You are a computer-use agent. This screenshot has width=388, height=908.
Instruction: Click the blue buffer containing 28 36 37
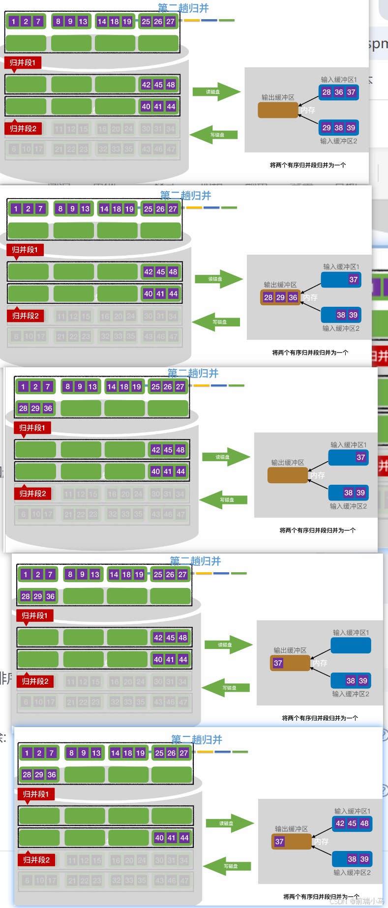pos(338,92)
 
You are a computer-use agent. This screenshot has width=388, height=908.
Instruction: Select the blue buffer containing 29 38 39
pos(338,128)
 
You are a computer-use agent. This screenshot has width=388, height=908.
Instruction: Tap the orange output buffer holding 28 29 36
pos(280,297)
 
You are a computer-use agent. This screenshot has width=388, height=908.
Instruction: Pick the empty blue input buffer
pos(351,645)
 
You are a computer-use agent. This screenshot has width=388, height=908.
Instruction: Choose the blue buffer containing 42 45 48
pos(352,823)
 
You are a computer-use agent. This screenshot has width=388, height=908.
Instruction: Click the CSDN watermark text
pos(357,901)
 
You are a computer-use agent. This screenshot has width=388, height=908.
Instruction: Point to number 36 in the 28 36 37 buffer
pos(339,92)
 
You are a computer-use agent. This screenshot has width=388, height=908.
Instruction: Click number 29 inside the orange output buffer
pos(280,297)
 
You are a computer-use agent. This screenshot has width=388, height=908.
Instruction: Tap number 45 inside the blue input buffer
pos(352,823)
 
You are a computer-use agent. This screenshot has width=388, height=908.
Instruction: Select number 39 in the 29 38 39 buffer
pos(351,128)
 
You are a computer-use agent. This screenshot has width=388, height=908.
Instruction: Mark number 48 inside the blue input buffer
pos(364,823)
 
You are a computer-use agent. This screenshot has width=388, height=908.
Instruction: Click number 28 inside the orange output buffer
pos(268,297)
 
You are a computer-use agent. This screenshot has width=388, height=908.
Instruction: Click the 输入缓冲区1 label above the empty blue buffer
pos(351,633)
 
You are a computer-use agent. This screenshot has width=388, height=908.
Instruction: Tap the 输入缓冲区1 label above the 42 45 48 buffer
pos(352,811)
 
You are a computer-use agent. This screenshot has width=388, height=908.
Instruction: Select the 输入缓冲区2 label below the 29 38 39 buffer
pos(338,141)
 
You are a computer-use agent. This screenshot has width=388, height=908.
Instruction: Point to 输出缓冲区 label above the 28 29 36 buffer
pos(280,285)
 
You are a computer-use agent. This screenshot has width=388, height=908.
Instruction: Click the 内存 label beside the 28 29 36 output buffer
pos(310,297)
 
